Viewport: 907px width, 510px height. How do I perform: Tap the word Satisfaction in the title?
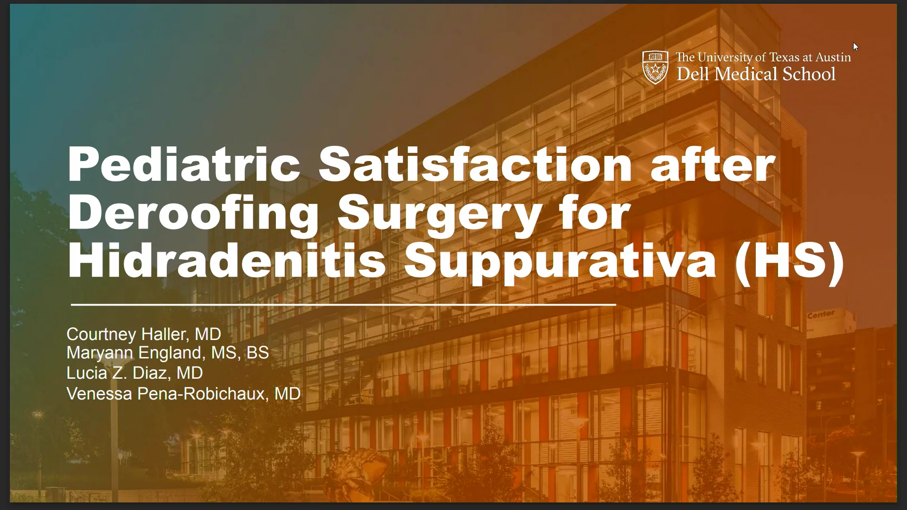point(475,164)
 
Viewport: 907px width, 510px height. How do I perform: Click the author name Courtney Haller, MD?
point(144,334)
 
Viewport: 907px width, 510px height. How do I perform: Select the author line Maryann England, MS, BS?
point(167,353)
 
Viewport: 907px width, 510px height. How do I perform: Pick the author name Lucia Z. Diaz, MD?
point(135,373)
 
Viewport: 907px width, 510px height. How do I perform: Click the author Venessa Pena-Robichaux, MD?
point(183,393)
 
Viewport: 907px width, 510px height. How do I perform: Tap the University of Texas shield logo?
point(655,67)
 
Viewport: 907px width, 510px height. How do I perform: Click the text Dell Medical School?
point(756,74)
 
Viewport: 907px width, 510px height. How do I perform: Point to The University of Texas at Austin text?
point(763,57)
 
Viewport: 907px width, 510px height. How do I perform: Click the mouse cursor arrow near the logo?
point(856,47)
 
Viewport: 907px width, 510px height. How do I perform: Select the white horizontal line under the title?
point(343,305)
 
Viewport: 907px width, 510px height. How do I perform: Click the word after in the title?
point(712,164)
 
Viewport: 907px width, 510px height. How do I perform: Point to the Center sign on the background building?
point(821,314)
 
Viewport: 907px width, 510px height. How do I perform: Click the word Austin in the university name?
point(833,57)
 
